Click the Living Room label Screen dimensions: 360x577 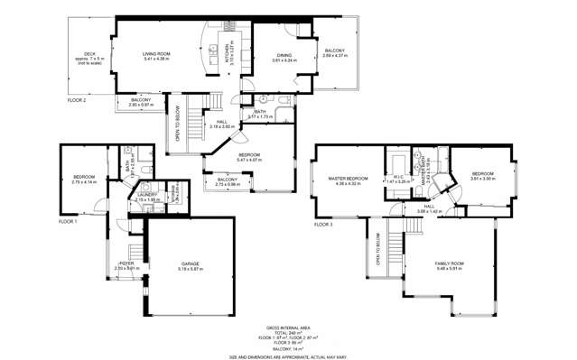coord(156,54)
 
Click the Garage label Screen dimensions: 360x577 coord(189,263)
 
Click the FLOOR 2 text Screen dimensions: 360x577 coord(77,100)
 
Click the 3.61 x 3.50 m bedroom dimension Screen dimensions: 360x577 coord(482,179)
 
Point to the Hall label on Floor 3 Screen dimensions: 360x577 coord(430,207)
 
